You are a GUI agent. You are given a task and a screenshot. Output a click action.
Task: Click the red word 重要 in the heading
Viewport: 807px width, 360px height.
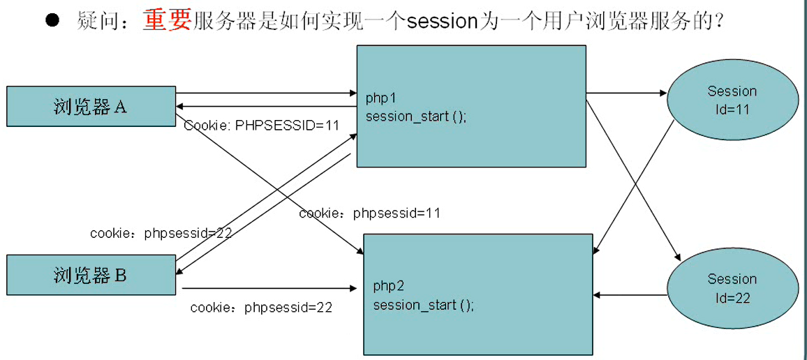167,22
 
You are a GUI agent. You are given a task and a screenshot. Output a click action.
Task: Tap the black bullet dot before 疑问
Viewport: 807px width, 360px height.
52,20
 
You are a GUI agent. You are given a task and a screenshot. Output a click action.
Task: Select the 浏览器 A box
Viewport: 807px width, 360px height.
91,106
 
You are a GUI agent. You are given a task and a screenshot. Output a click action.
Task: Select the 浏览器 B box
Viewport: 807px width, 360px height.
91,275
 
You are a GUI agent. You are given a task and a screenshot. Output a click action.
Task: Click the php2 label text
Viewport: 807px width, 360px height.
388,285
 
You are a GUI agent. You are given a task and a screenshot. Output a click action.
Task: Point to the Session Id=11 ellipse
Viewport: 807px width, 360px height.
732,100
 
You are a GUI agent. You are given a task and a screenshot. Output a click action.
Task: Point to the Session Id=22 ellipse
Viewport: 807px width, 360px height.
732,288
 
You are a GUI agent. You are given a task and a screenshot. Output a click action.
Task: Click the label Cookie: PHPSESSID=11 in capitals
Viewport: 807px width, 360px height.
262,126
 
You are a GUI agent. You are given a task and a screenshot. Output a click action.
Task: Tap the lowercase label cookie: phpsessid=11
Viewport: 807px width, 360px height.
369,213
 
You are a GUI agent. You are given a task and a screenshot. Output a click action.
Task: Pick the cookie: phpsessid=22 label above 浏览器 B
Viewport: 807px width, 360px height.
161,233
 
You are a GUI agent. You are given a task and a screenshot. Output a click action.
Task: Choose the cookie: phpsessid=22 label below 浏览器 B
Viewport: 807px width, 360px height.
261,307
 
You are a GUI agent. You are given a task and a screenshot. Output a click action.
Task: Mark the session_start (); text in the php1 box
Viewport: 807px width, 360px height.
415,117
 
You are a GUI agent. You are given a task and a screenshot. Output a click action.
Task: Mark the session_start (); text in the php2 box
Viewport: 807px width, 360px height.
423,305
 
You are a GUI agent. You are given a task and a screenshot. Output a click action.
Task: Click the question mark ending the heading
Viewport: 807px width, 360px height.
715,22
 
